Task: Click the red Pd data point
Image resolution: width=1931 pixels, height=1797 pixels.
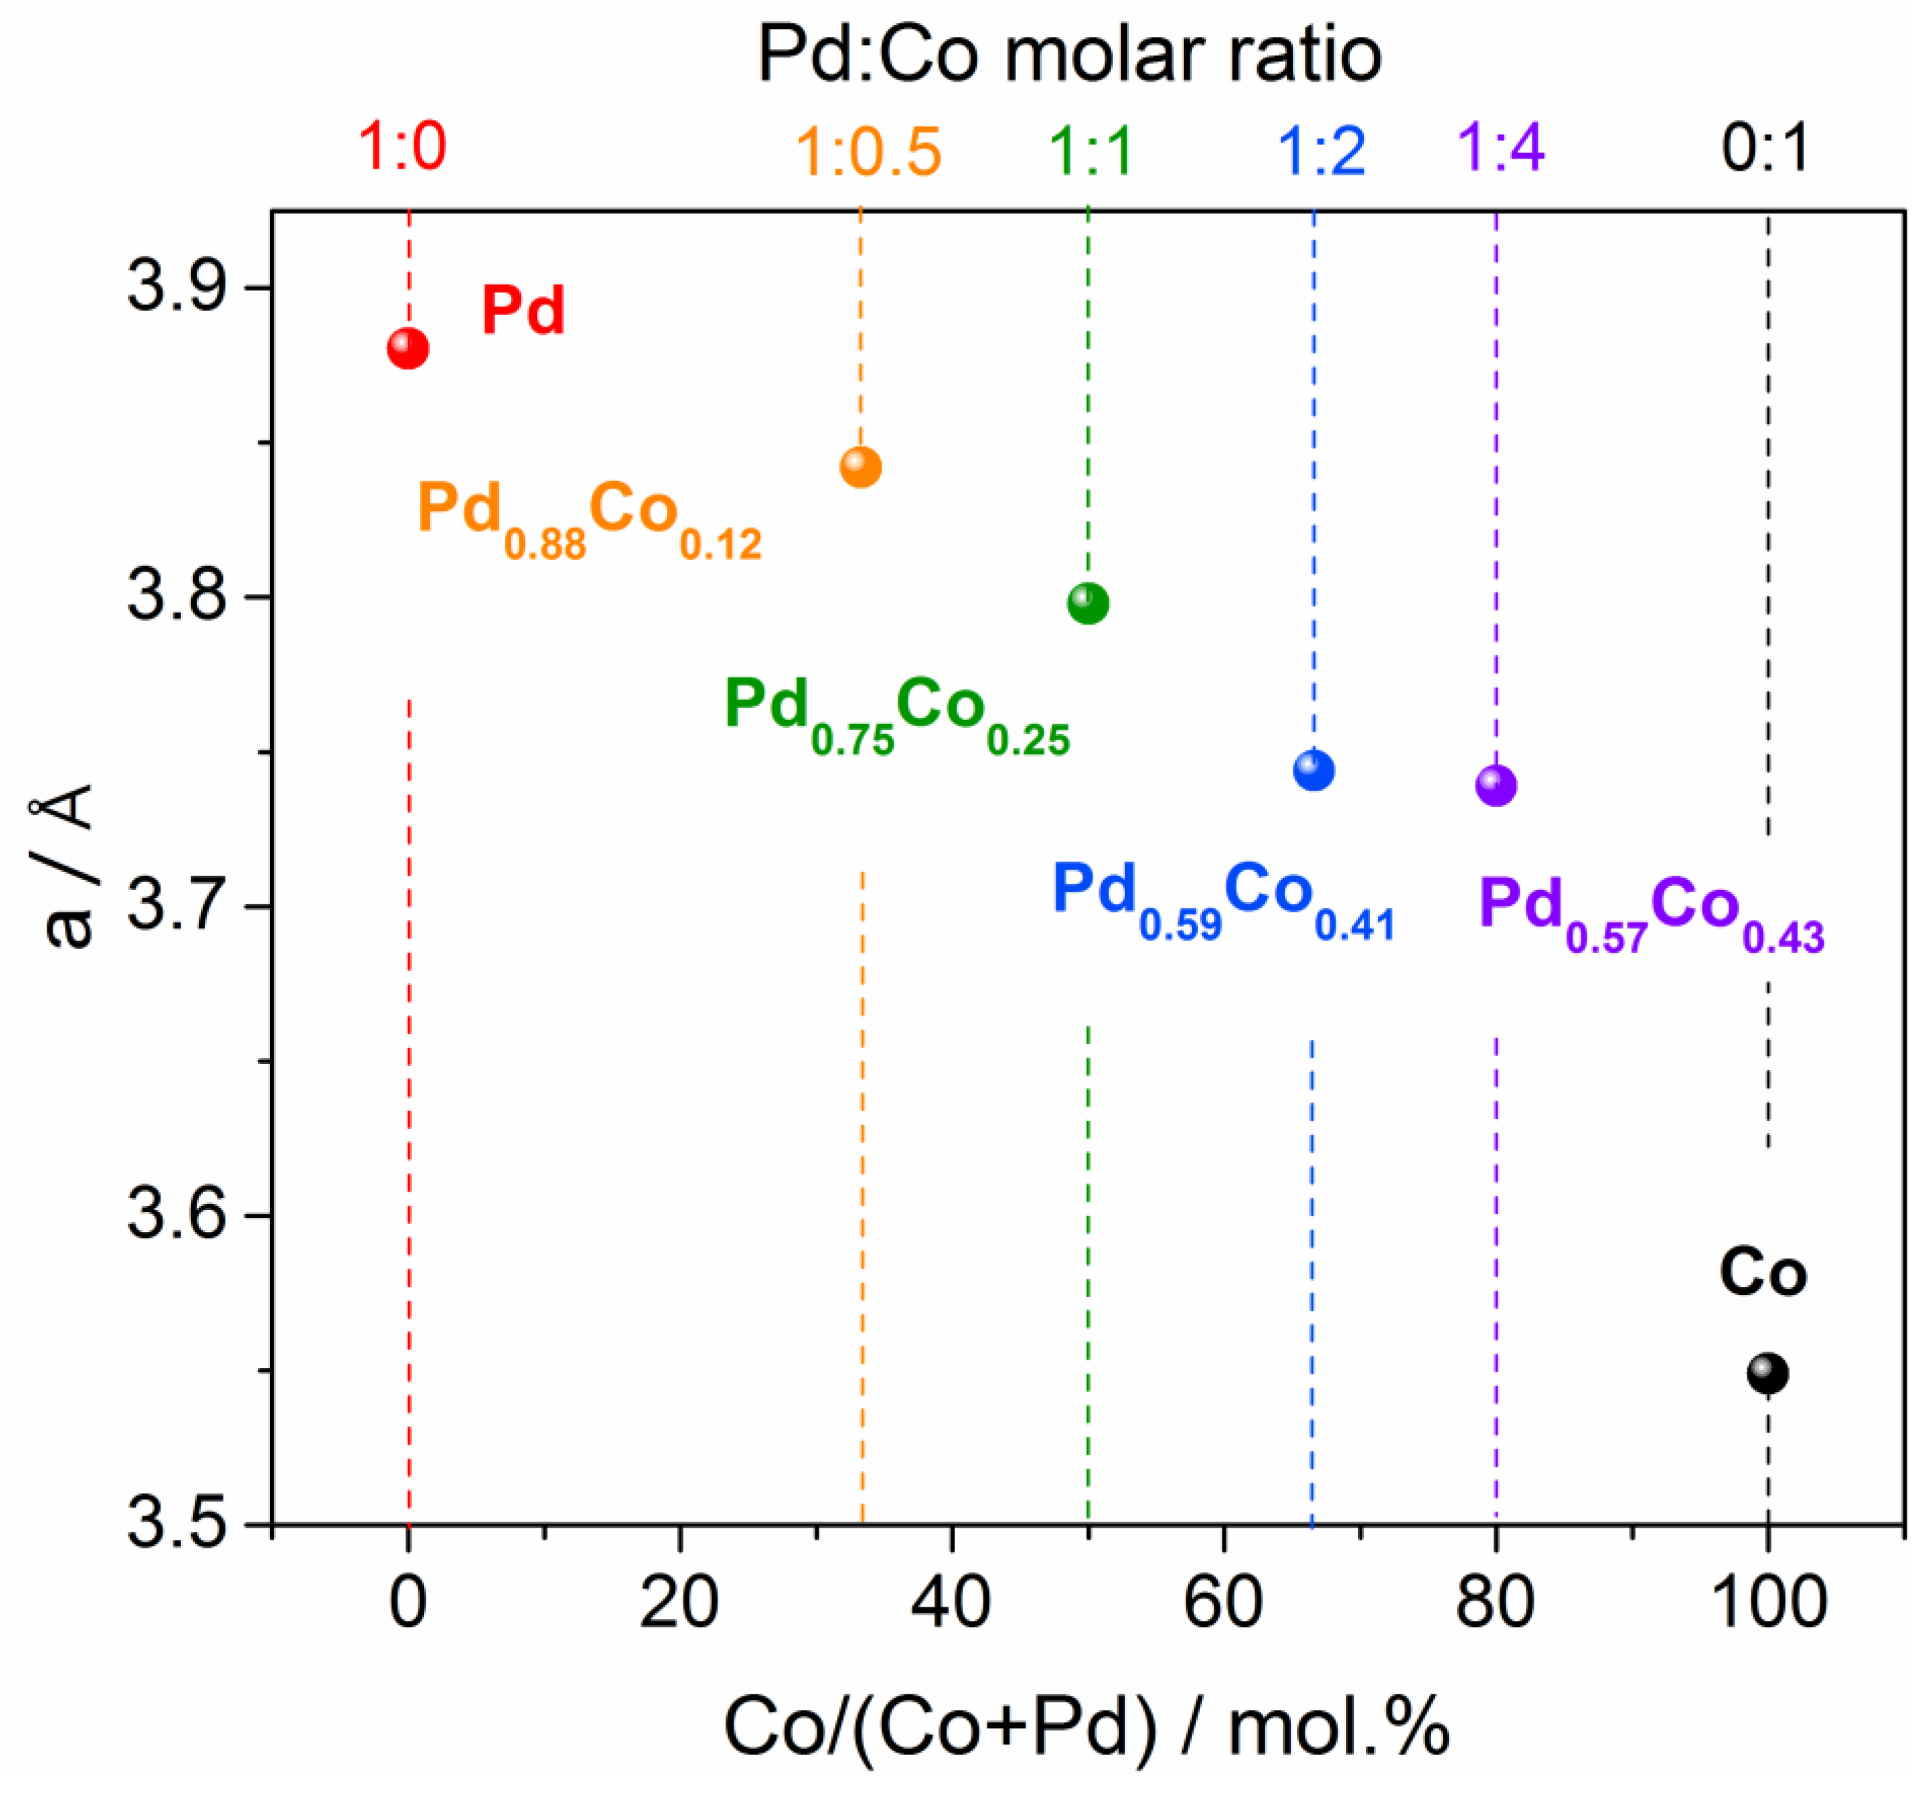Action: [x=408, y=348]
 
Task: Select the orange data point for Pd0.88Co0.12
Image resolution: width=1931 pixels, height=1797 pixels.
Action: [x=861, y=467]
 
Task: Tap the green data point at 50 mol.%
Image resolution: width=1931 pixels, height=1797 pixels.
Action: [x=1088, y=603]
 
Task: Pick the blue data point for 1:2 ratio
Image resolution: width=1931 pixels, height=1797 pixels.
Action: [x=1314, y=770]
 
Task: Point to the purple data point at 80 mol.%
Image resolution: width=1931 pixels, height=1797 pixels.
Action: [x=1496, y=785]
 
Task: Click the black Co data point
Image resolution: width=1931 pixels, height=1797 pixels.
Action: [x=1768, y=1373]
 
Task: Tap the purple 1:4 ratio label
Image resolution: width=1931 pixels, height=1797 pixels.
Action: [x=1500, y=150]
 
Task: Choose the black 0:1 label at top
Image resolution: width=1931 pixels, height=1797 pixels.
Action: [x=1765, y=150]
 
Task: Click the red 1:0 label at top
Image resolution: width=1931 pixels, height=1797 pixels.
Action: [x=402, y=148]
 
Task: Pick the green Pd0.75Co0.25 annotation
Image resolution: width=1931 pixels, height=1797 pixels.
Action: [x=896, y=714]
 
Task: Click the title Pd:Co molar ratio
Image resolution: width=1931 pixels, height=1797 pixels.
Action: [x=1069, y=55]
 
